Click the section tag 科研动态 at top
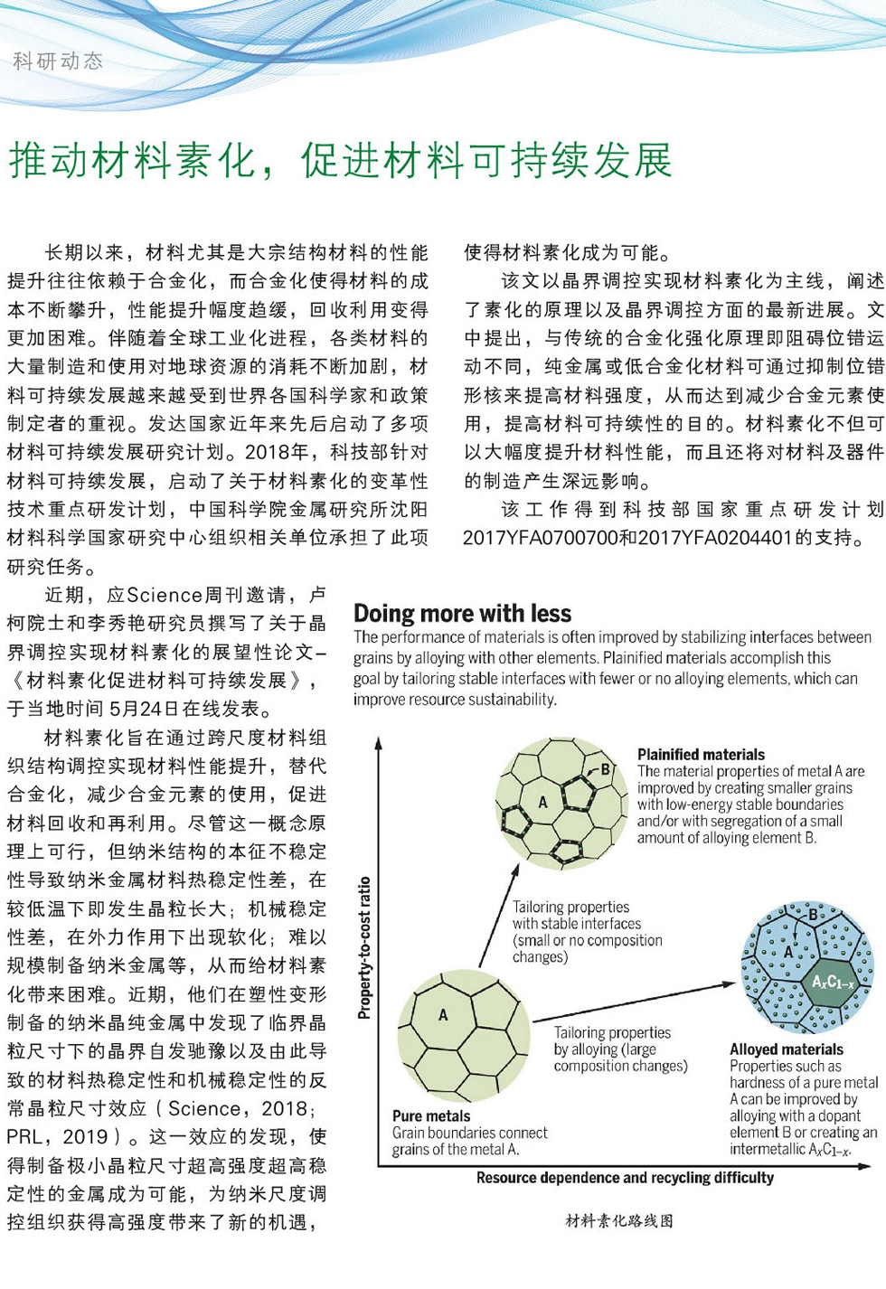point(59,61)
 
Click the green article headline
point(341,161)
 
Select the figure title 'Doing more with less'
point(462,614)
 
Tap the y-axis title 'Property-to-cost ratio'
point(364,947)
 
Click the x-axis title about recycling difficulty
point(625,1178)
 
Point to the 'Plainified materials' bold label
point(701,754)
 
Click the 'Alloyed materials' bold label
point(787,1049)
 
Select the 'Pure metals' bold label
point(431,1115)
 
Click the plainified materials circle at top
point(561,803)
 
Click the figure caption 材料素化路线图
point(619,1221)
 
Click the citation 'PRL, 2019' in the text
point(58,1137)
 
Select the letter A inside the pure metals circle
point(443,1015)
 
